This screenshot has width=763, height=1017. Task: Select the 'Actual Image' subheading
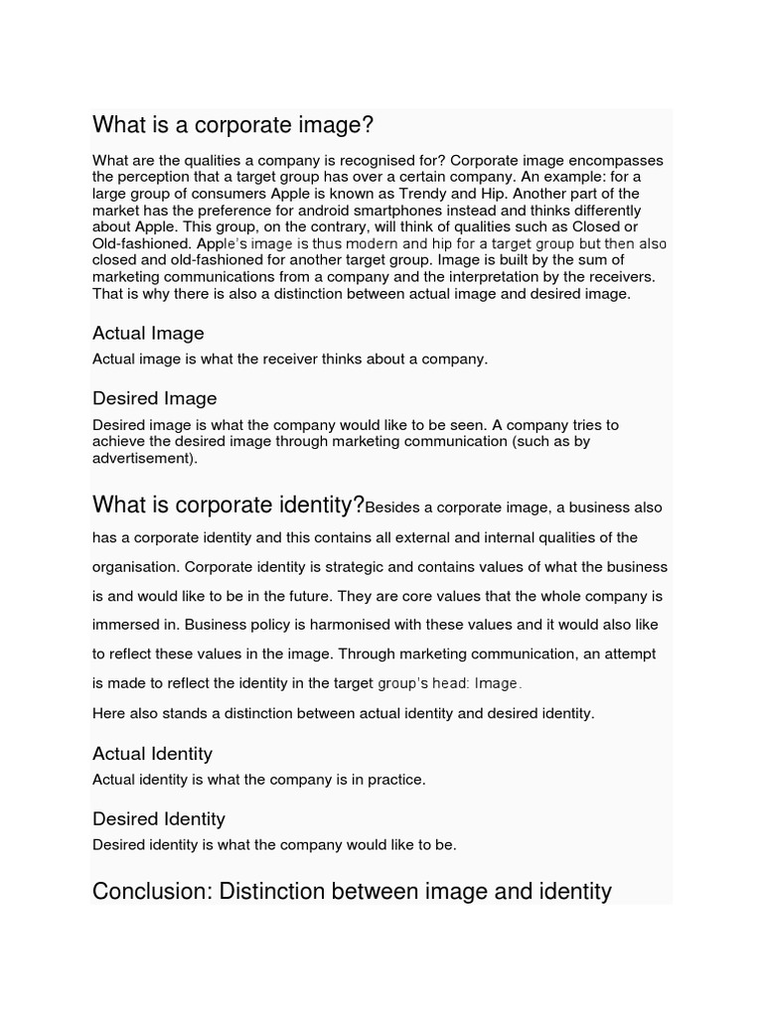(148, 333)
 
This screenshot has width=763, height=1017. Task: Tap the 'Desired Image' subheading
(154, 398)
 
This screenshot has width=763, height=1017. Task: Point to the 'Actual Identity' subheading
(152, 754)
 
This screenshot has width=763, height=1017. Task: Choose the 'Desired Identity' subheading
(158, 819)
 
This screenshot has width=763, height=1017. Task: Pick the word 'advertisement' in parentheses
(140, 458)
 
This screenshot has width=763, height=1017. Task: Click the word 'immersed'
(122, 626)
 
